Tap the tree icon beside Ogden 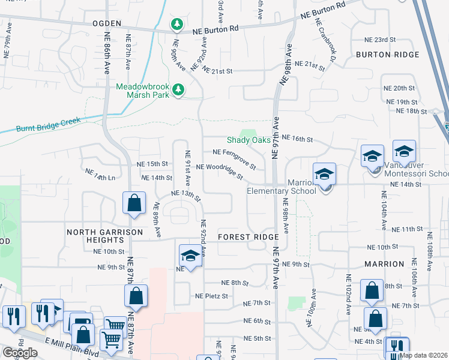[x=177, y=24]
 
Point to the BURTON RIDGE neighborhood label [x=387, y=55]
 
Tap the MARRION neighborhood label [x=384, y=264]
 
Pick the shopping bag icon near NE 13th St [x=134, y=203]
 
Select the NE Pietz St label [x=211, y=296]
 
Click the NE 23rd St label [x=381, y=40]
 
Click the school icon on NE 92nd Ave [x=190, y=256]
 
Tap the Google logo [x=20, y=353]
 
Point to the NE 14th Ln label [x=100, y=175]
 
